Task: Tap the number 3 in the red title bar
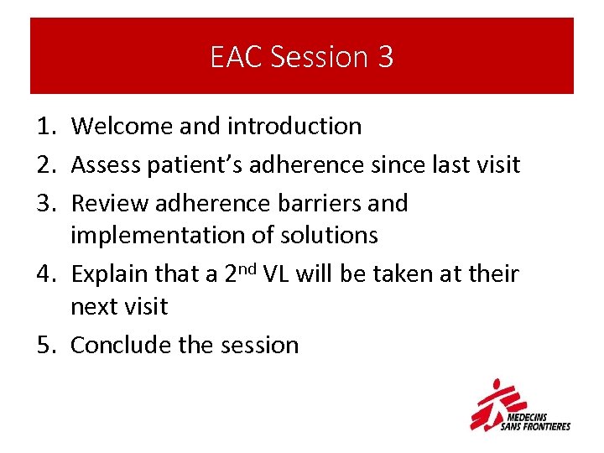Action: (385, 57)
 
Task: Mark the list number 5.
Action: (44, 345)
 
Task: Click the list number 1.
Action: (44, 126)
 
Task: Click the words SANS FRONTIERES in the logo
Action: (535, 426)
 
